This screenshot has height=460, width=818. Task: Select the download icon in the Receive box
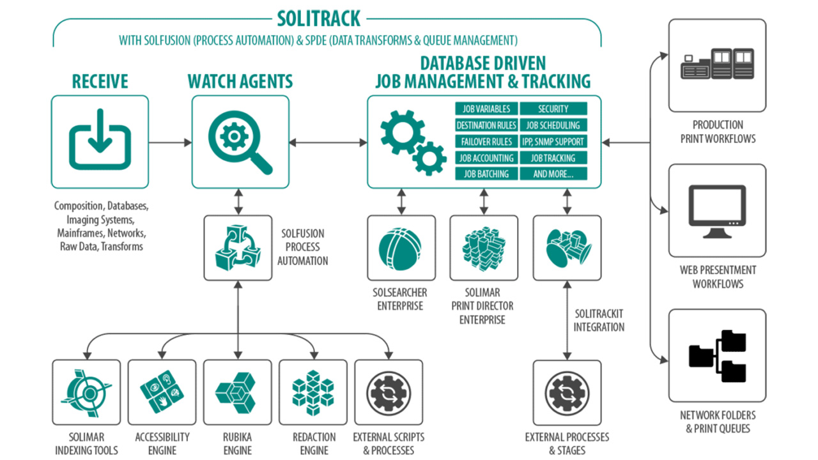[x=100, y=141]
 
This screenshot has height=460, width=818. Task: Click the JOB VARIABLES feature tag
[x=486, y=109]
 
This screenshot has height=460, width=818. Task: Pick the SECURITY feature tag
[x=553, y=109]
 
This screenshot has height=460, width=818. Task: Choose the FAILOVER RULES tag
[x=486, y=142]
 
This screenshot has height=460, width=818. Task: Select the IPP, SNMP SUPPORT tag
[x=553, y=142]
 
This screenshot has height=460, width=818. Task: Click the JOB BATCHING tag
[x=486, y=174]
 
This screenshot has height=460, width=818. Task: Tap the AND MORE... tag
[x=553, y=174]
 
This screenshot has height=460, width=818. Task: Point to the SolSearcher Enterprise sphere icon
[x=401, y=248]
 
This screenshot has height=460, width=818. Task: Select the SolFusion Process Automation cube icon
[x=238, y=248]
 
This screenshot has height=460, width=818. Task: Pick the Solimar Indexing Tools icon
[x=86, y=392]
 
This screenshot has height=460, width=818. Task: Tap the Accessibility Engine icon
[x=162, y=392]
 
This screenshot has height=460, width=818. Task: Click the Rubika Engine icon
[x=237, y=392]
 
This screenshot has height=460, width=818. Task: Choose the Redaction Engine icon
[x=313, y=392]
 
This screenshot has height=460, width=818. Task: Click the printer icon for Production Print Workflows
[x=717, y=65]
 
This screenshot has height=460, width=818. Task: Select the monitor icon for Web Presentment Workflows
[x=717, y=210]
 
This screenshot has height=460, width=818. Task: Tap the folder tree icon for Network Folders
[x=717, y=355]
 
